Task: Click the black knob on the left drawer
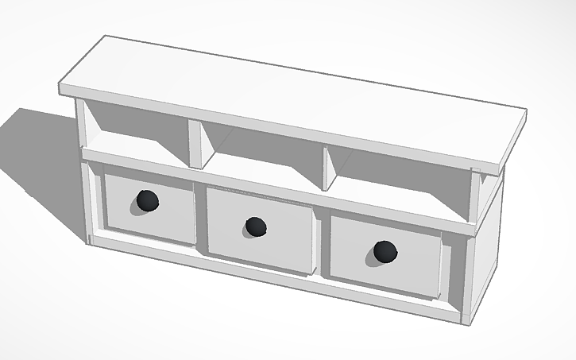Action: pos(146,202)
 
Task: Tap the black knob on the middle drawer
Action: pos(255,227)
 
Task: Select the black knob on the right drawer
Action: pos(384,253)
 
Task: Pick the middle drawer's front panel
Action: pos(282,238)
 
